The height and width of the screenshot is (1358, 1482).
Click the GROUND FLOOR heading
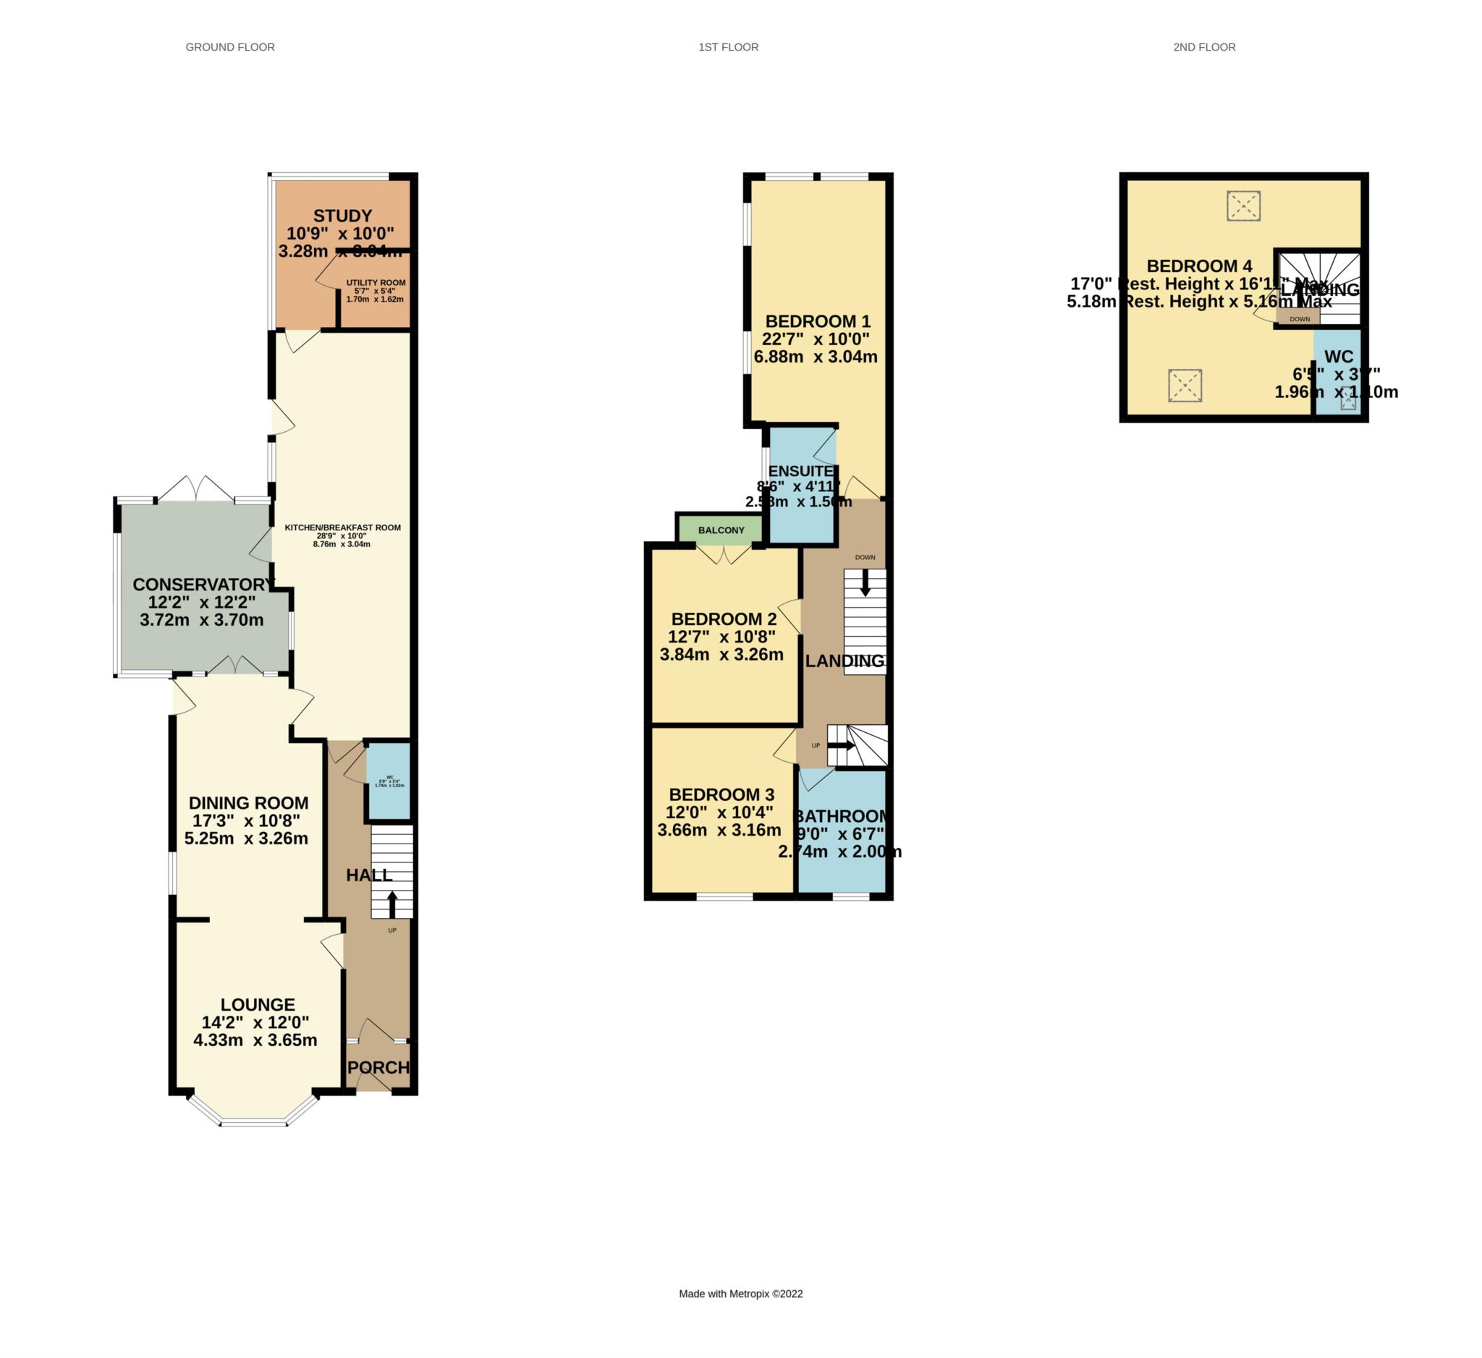pyautogui.click(x=230, y=47)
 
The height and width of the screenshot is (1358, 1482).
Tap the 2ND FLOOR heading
pyautogui.click(x=1204, y=47)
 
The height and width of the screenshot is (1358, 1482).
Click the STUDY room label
pyautogui.click(x=342, y=216)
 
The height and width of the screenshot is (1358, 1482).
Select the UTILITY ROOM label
pyautogui.click(x=376, y=283)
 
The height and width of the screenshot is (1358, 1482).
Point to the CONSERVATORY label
pyautogui.click(x=203, y=585)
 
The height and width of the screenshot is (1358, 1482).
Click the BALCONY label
pyautogui.click(x=721, y=530)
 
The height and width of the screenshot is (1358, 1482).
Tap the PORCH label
pyautogui.click(x=378, y=1068)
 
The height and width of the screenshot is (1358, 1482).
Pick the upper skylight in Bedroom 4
pyautogui.click(x=1244, y=205)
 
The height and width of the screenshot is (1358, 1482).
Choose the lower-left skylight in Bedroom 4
pyautogui.click(x=1185, y=386)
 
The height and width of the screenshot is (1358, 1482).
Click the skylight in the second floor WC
pyautogui.click(x=1349, y=399)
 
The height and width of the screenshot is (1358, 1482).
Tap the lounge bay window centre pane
pyautogui.click(x=253, y=1123)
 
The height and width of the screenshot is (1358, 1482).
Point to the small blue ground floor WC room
pyautogui.click(x=389, y=781)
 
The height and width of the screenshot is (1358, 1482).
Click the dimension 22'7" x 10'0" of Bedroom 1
pyautogui.click(x=816, y=339)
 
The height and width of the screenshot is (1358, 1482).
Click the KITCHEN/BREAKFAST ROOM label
pyautogui.click(x=342, y=527)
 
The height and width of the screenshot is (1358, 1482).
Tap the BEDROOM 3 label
pyautogui.click(x=721, y=795)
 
